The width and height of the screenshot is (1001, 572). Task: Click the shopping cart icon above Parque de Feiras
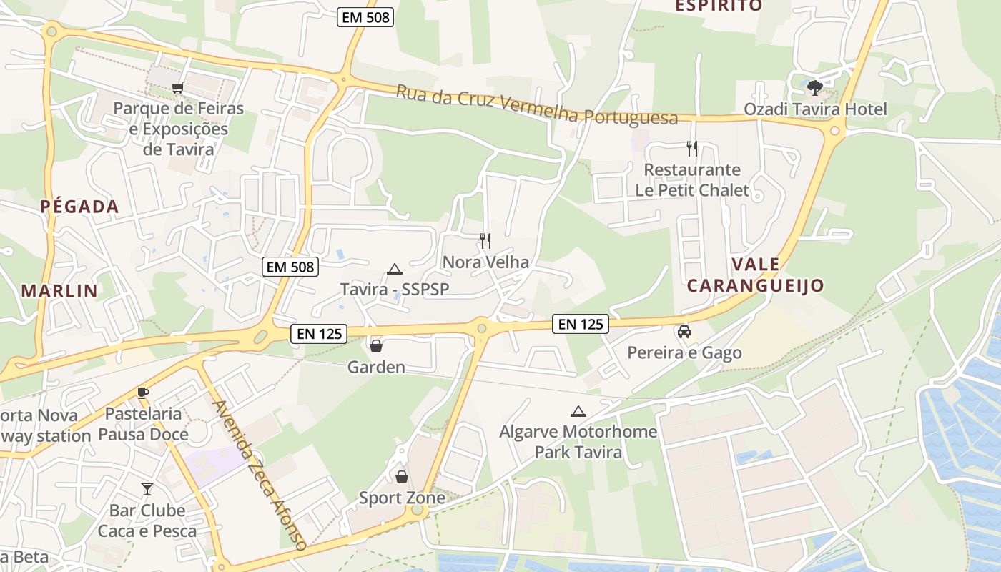(177, 87)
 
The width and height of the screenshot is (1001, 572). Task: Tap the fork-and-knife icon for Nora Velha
(485, 240)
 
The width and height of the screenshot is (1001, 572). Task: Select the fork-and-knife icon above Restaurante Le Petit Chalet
(691, 149)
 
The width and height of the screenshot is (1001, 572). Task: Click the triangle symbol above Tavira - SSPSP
(394, 270)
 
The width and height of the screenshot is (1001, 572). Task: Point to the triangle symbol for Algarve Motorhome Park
(578, 412)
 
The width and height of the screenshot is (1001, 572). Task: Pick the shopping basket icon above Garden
(375, 347)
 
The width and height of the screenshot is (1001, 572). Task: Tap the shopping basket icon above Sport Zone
(402, 477)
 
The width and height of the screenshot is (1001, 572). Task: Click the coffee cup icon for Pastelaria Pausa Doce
(143, 393)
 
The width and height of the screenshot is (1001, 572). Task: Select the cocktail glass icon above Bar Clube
(147, 489)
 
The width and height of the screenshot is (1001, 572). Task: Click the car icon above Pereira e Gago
(684, 332)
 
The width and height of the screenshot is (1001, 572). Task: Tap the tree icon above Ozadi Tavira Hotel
(814, 88)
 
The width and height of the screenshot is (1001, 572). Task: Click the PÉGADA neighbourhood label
(79, 207)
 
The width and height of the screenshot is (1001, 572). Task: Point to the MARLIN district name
(59, 290)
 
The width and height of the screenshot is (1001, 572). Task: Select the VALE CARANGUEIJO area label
(755, 275)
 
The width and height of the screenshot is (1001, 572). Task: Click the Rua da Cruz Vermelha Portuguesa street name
(537, 105)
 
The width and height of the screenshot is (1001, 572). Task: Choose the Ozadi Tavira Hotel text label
(815, 109)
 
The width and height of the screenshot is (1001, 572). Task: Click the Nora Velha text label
(485, 262)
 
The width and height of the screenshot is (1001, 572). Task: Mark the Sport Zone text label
(402, 498)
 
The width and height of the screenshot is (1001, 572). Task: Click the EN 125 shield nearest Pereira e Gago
(581, 324)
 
